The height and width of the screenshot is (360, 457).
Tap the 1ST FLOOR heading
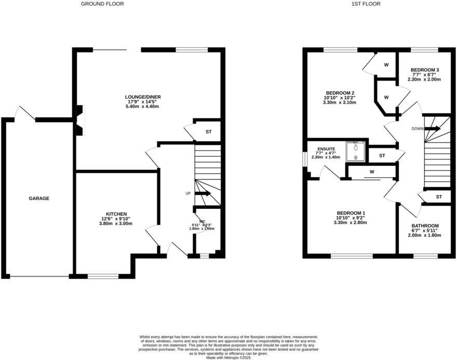(366, 4)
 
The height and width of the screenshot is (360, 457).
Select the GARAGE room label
(39, 198)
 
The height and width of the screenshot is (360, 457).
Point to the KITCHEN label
(116, 214)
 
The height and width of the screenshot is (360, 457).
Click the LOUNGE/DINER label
(141, 97)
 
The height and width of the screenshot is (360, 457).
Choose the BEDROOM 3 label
(424, 70)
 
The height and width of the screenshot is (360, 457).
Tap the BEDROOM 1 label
(351, 213)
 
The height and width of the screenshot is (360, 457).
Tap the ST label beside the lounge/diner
(208, 132)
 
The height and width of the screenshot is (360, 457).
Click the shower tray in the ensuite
(356, 150)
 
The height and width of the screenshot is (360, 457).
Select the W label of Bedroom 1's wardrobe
(372, 172)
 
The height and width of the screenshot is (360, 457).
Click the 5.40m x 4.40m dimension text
(141, 106)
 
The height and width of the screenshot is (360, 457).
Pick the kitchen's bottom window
(103, 276)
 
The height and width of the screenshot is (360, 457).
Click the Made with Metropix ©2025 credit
(228, 358)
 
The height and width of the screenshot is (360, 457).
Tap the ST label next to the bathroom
(439, 197)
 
